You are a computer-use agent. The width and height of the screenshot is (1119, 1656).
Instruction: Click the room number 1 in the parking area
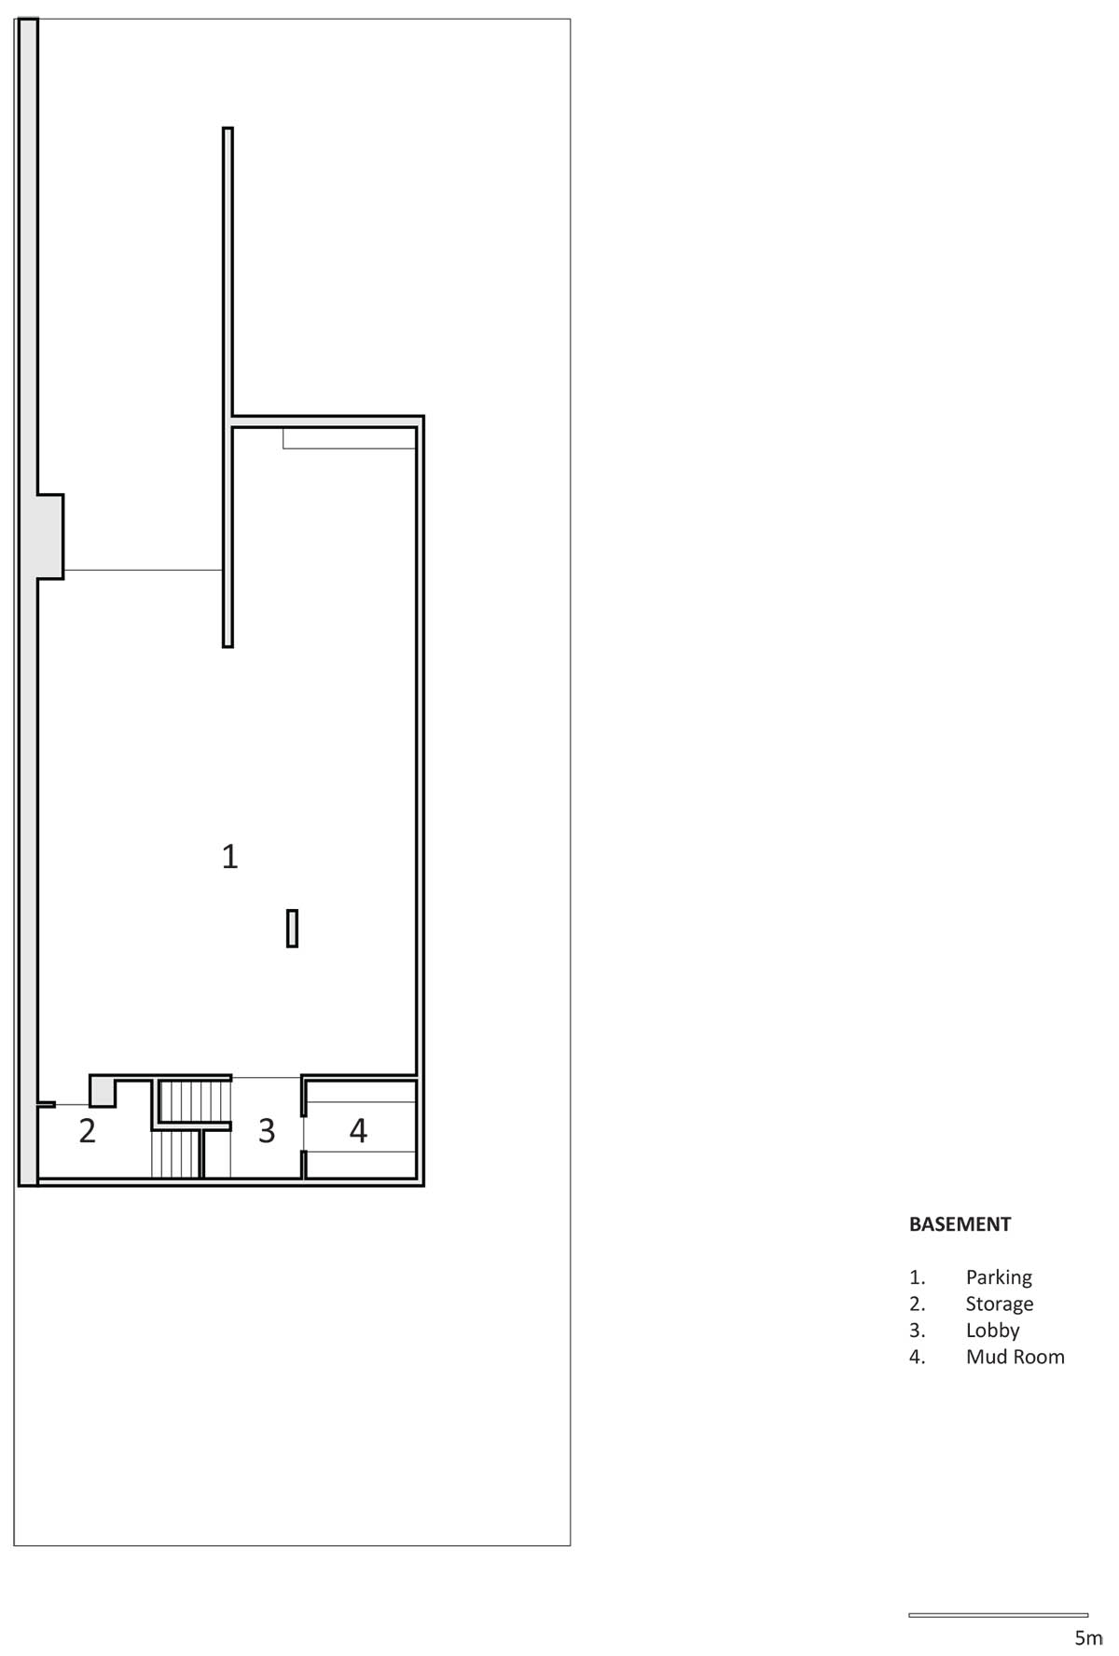pyautogui.click(x=229, y=855)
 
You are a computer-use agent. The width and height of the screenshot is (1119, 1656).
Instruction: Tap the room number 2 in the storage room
pyautogui.click(x=88, y=1130)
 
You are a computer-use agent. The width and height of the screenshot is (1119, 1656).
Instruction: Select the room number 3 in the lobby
pyautogui.click(x=267, y=1130)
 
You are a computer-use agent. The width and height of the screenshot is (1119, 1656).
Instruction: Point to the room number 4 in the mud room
pyautogui.click(x=358, y=1130)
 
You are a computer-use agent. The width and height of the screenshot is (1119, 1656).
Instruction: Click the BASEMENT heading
pyautogui.click(x=960, y=1224)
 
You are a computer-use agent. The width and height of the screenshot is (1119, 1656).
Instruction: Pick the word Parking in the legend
pyautogui.click(x=999, y=1277)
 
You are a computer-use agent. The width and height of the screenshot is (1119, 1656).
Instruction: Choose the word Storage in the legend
pyautogui.click(x=1000, y=1304)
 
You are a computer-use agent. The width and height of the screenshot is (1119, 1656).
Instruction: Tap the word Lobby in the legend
pyautogui.click(x=992, y=1331)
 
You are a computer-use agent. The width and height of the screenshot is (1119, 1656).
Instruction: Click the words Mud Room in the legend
pyautogui.click(x=1015, y=1357)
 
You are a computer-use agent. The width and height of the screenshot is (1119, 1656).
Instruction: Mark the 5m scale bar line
pyautogui.click(x=998, y=1614)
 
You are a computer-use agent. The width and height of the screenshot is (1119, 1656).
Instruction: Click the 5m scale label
pyautogui.click(x=1088, y=1637)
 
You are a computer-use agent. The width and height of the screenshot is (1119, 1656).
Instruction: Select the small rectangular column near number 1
pyautogui.click(x=292, y=929)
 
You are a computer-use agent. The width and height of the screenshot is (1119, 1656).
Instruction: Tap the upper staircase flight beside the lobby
pyautogui.click(x=194, y=1101)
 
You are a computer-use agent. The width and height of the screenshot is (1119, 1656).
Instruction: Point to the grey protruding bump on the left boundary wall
pyautogui.click(x=50, y=536)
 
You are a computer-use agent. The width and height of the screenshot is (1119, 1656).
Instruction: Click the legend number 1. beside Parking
pyautogui.click(x=917, y=1277)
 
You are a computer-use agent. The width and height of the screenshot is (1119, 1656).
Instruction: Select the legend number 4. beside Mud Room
pyautogui.click(x=918, y=1357)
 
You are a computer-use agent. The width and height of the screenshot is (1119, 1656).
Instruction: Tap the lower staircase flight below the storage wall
pyautogui.click(x=176, y=1154)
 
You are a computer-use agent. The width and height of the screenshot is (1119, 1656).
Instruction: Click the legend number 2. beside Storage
pyautogui.click(x=918, y=1304)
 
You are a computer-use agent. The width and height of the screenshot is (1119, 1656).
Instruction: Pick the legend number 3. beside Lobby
pyautogui.click(x=918, y=1331)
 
